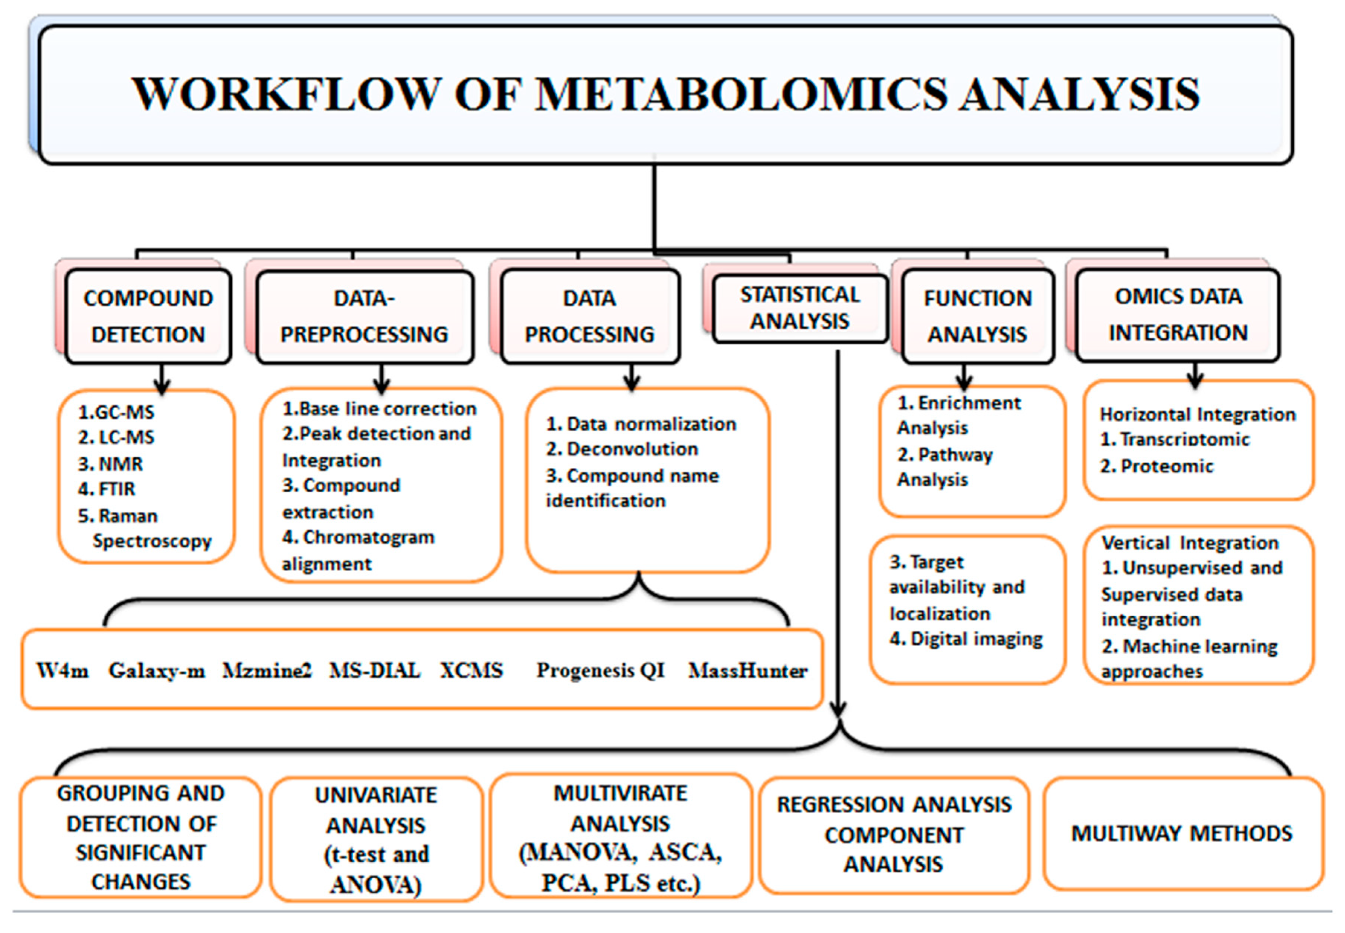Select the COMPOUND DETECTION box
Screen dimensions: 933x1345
click(x=148, y=316)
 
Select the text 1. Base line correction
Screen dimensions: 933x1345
click(x=379, y=409)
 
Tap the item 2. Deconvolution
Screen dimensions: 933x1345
click(x=622, y=449)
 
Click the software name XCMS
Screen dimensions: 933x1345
click(x=471, y=670)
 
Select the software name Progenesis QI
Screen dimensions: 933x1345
click(x=601, y=670)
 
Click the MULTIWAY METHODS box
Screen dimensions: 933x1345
click(x=1181, y=833)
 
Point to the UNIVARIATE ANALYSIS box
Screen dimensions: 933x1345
click(x=376, y=839)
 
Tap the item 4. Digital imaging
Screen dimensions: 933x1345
click(x=966, y=639)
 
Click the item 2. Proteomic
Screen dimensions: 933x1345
click(x=1157, y=466)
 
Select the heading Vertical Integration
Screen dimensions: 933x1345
click(x=1190, y=543)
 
